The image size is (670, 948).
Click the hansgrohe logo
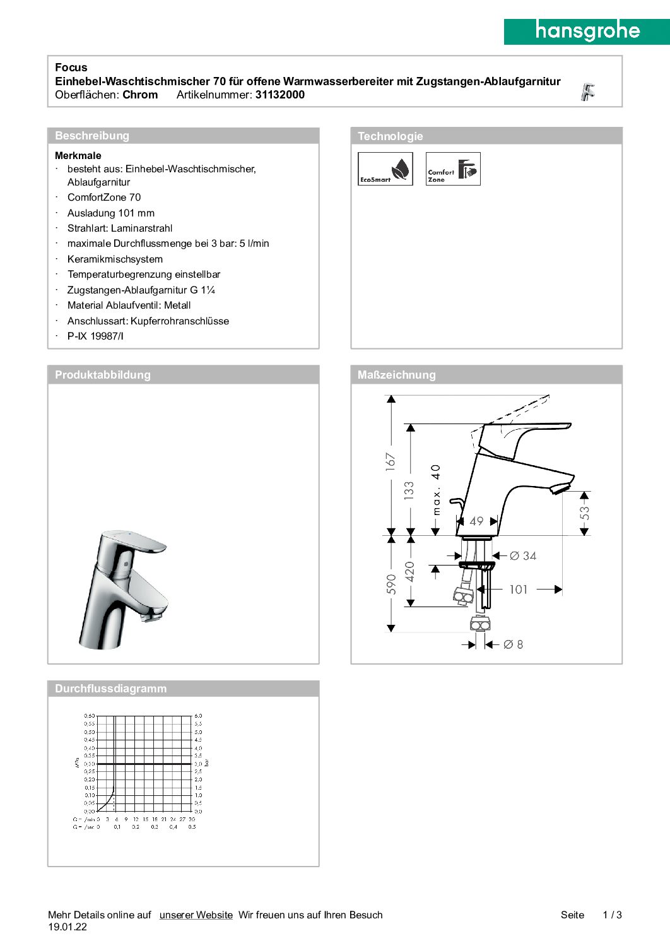coord(587,31)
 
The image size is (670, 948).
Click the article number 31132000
coord(279,95)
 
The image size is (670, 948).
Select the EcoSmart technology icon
coord(385,169)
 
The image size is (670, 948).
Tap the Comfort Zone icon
coord(453,169)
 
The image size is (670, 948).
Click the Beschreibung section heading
coord(92,136)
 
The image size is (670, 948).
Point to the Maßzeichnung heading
coord(396,375)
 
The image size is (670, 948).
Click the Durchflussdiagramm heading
coord(110,689)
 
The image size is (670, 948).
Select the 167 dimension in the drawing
coord(391,461)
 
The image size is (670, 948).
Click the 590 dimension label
coord(391,584)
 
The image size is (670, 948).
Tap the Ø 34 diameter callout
coord(523,556)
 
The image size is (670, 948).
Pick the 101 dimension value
coord(519,590)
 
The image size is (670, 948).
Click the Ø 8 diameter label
coord(513,644)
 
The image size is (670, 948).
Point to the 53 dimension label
coord(585,513)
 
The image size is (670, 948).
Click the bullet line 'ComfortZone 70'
coord(104,198)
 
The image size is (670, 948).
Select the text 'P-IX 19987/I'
coord(95,336)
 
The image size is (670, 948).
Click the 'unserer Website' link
coord(196,915)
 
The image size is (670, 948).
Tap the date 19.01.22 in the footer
coord(68,927)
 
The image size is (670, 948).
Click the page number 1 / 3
coord(612,915)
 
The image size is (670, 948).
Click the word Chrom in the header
coord(140,95)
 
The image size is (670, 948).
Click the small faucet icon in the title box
coord(588,92)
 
